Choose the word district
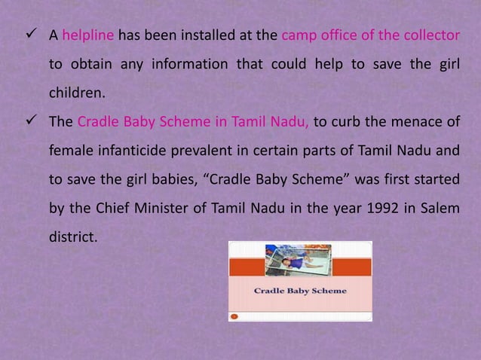coord(73,236)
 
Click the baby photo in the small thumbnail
coord(299,261)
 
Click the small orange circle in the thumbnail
coord(234,317)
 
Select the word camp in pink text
coord(296,35)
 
